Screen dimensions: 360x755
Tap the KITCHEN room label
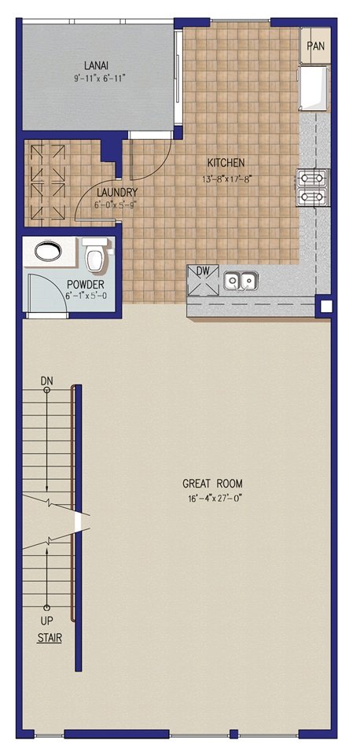click(226, 163)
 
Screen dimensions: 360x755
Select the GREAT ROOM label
click(212, 484)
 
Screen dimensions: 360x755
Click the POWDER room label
click(86, 284)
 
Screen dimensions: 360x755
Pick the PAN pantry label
click(316, 46)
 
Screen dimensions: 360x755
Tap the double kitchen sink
click(241, 281)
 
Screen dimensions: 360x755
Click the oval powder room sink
click(48, 251)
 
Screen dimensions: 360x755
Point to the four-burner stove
click(313, 188)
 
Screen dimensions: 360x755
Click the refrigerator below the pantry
click(314, 89)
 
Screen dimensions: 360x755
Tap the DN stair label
click(46, 381)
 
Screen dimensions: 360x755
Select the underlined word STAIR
click(50, 638)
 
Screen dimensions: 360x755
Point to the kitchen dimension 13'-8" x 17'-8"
click(228, 179)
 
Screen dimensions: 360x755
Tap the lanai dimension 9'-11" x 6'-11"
click(96, 78)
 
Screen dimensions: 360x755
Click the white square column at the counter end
click(326, 306)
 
